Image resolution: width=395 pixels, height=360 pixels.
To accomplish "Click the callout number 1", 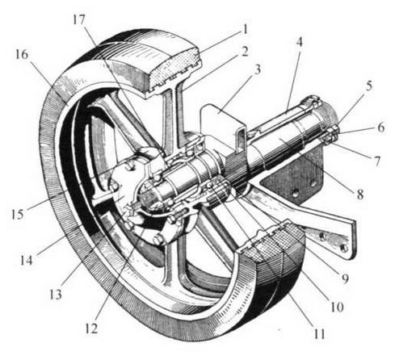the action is click(244, 29).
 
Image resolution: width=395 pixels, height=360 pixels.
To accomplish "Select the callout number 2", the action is click(245, 51).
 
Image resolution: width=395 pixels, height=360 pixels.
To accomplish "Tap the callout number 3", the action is click(258, 69).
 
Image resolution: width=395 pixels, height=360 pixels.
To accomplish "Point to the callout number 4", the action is click(299, 42).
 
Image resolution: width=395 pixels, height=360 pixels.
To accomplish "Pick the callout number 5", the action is click(368, 86).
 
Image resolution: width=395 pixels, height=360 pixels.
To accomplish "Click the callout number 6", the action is click(380, 128).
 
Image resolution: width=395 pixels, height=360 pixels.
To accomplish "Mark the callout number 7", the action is click(376, 161).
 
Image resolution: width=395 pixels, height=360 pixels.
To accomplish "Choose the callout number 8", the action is click(360, 194).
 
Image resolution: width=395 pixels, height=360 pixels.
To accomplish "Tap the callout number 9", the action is click(345, 278).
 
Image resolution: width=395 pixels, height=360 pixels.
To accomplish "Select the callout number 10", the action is click(337, 307).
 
